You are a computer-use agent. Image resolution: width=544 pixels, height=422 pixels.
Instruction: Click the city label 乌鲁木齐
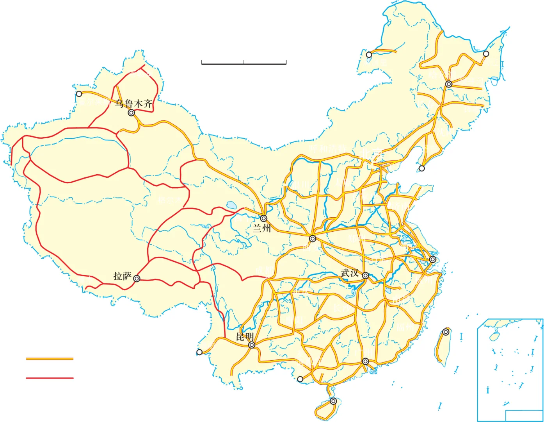pos(133,104)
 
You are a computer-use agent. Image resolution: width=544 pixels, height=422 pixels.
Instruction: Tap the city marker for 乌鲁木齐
pos(132,113)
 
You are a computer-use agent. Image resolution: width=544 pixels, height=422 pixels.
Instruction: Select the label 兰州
pos(261,228)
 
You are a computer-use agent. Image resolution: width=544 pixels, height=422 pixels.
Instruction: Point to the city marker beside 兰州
pos(264,218)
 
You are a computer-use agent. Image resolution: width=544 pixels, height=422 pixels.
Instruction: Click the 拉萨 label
pos(122,276)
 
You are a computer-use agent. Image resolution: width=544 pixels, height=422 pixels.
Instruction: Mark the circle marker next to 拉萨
pos(137,279)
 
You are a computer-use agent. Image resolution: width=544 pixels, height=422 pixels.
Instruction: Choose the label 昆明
pos(245,336)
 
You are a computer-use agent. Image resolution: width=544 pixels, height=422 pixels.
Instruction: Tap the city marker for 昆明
pos(252,345)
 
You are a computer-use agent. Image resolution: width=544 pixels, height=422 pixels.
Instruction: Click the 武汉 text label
pos(350,273)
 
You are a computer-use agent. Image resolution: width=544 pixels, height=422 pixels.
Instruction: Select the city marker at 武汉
pos(365,275)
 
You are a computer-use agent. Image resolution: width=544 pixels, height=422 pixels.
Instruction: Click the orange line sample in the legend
pos(50,359)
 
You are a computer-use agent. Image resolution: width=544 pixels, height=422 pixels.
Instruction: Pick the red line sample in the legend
pos(50,378)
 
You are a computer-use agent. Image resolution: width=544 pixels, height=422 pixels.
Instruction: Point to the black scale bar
pos(244,63)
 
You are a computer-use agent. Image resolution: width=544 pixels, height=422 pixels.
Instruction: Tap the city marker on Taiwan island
pos(446,332)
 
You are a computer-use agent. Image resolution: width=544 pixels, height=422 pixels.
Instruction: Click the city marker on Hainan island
pos(333,401)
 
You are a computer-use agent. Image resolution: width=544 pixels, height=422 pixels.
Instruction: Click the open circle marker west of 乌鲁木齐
pos(79,94)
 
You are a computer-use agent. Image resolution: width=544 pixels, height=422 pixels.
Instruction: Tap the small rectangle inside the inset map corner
pos(523,416)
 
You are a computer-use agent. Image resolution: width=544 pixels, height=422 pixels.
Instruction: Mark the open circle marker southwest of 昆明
pos(199,352)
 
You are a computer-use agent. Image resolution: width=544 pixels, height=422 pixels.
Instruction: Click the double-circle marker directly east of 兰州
pos(313,238)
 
